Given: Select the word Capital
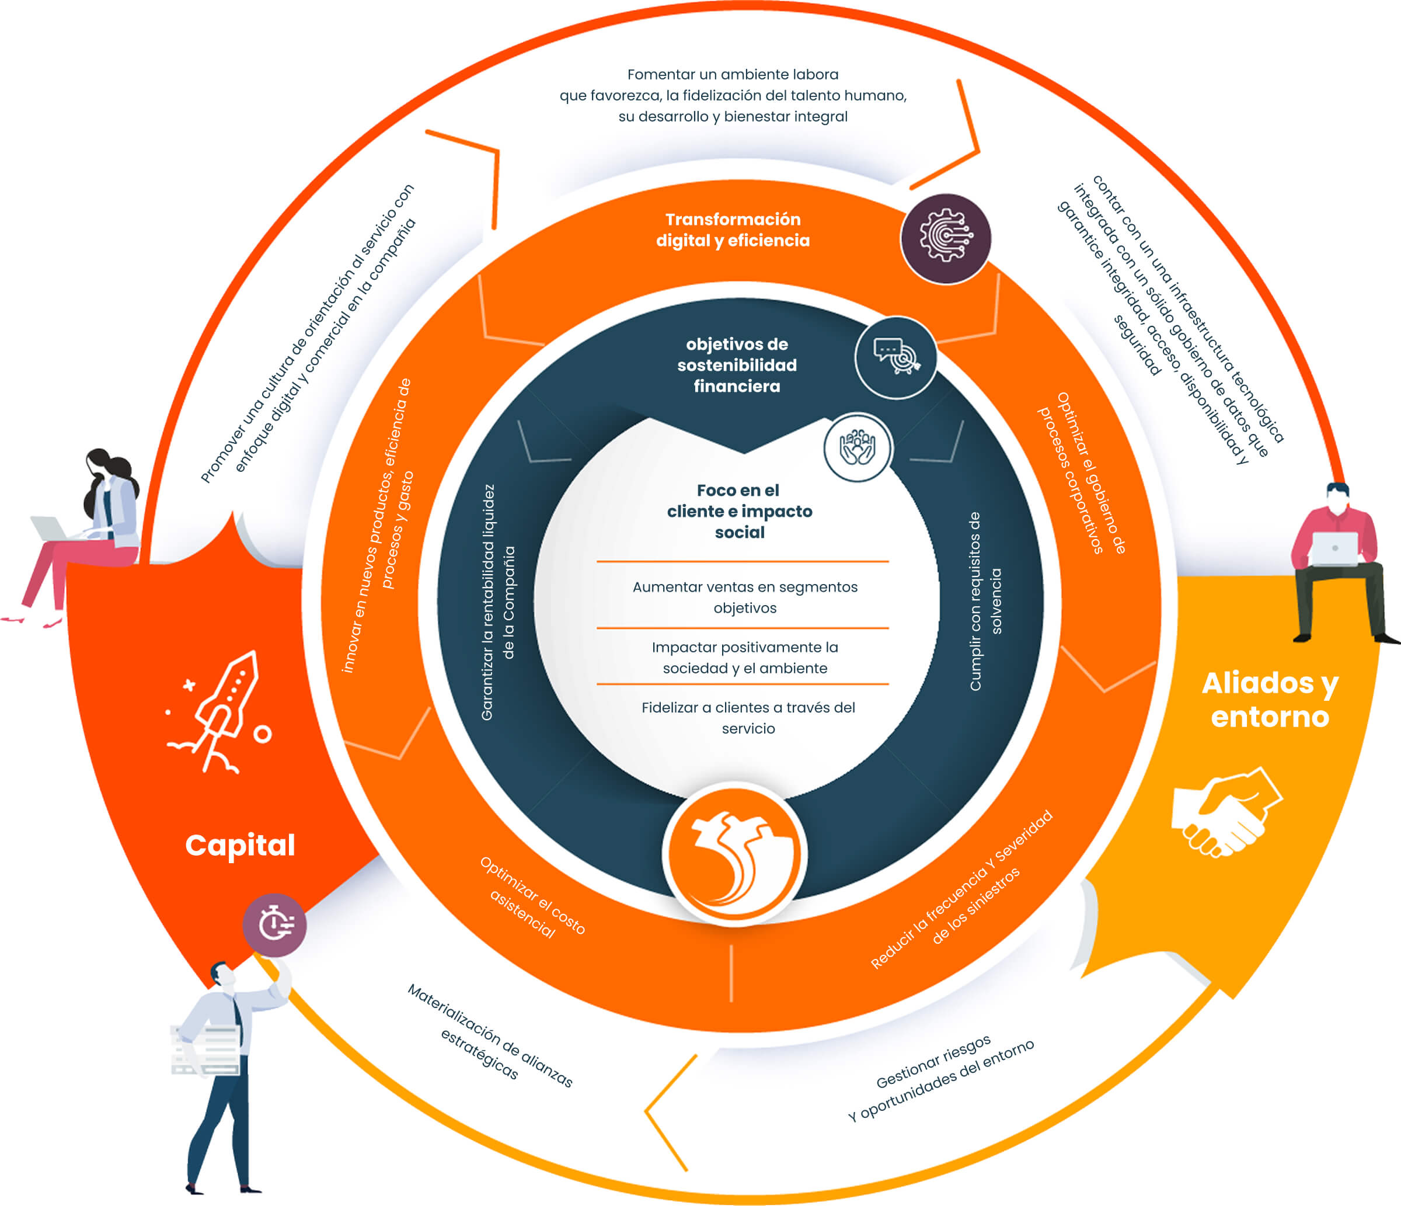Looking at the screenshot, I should pyautogui.click(x=240, y=845).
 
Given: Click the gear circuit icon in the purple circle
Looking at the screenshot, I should pyautogui.click(x=945, y=238).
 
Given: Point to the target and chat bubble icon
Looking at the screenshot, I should pyautogui.click(x=896, y=356).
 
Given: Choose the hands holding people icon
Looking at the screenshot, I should pyautogui.click(x=858, y=447).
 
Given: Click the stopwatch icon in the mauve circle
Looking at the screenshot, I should pyautogui.click(x=275, y=925).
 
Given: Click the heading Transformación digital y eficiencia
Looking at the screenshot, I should pyautogui.click(x=733, y=230).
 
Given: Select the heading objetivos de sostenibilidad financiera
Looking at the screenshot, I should pyautogui.click(x=737, y=365).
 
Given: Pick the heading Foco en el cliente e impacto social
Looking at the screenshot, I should pyautogui.click(x=740, y=512).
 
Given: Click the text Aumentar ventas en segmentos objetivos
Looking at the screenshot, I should pyautogui.click(x=744, y=597).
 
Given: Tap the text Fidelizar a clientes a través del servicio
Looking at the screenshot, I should pyautogui.click(x=748, y=718).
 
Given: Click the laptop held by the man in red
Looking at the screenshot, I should pyautogui.click(x=1333, y=548).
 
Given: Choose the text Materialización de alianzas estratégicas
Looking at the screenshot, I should pyautogui.click(x=490, y=1035).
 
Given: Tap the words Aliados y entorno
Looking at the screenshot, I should pyautogui.click(x=1270, y=700).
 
